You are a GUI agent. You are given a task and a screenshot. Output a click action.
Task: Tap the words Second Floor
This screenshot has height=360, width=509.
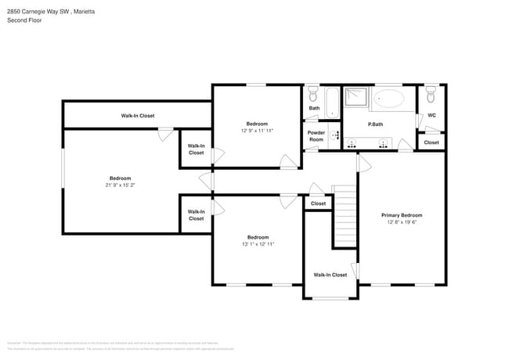click(x=24, y=20)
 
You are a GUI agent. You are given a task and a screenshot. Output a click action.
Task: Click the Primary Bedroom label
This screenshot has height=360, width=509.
click(x=402, y=215)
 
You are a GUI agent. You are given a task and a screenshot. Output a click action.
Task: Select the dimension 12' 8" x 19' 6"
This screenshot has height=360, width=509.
click(x=402, y=222)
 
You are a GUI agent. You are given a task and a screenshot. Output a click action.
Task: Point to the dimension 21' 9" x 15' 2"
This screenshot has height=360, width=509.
click(x=120, y=185)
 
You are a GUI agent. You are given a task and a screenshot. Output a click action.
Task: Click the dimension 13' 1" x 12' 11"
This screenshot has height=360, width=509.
click(x=258, y=244)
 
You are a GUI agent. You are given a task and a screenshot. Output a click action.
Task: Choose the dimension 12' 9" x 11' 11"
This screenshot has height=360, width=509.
click(x=257, y=131)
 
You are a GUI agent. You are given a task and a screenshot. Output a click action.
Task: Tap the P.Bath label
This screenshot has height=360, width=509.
click(x=375, y=124)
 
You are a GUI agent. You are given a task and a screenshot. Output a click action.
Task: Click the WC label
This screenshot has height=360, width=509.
click(x=431, y=116)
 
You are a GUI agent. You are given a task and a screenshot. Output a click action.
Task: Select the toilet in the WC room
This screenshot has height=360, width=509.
click(x=430, y=95)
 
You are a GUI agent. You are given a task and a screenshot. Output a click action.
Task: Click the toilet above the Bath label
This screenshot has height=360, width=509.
click(x=313, y=95)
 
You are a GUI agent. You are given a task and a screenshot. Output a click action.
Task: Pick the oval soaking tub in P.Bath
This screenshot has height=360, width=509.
click(x=390, y=99)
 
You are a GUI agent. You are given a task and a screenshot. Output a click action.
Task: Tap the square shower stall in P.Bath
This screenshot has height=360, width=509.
click(x=357, y=97)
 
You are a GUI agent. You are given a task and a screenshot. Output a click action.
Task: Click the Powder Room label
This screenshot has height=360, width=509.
click(x=316, y=135)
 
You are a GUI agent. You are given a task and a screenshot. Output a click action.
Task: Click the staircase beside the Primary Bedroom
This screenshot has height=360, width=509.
click(x=345, y=215)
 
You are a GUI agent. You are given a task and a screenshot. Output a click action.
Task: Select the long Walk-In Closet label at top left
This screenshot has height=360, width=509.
click(x=137, y=116)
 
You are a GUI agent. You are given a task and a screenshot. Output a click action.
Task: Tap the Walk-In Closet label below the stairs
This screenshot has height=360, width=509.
click(x=330, y=275)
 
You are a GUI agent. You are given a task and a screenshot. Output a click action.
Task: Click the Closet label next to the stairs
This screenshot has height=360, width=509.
click(x=318, y=203)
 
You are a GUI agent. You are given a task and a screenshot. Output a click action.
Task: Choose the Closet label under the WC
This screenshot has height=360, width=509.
click(x=431, y=142)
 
